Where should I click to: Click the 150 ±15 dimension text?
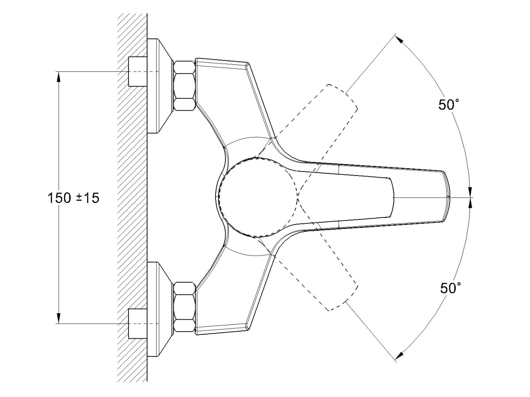[73, 198]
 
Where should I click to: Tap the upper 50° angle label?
[449, 105]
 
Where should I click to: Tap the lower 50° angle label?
[450, 288]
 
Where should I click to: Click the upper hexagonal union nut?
[185, 86]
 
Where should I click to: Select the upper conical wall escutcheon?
[159, 86]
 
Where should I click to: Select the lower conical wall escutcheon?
[159, 309]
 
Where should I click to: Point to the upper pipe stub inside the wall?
[138, 71]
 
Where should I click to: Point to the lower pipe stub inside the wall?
[138, 323]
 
